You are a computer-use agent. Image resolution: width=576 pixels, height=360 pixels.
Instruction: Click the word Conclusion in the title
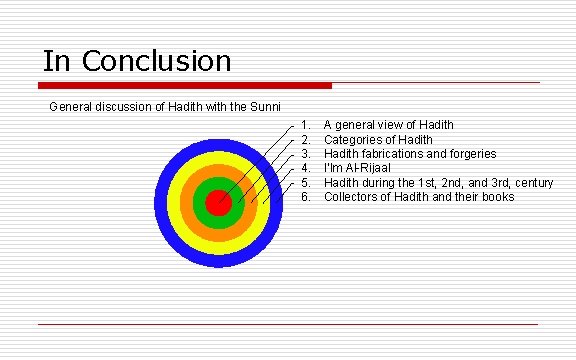157,61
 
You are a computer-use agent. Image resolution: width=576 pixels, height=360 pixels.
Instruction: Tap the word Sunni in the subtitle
263,106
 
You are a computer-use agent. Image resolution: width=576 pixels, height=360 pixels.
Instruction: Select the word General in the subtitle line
73,106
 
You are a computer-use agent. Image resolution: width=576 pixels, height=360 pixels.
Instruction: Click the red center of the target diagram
218,203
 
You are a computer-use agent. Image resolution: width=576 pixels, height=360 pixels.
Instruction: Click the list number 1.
306,125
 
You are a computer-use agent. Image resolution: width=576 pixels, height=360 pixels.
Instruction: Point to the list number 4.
306,168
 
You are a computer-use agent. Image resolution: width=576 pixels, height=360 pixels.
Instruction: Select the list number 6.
306,197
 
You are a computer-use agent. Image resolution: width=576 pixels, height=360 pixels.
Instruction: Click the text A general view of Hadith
388,125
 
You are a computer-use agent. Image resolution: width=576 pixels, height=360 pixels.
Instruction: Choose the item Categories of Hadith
378,139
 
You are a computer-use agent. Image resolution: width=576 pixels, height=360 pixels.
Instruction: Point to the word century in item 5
531,183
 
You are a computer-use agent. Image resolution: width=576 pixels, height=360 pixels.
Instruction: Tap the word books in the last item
497,197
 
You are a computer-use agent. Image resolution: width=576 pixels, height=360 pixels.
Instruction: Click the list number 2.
306,139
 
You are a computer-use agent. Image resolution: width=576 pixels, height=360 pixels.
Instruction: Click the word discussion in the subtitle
126,106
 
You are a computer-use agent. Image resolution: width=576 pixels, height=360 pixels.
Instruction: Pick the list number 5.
306,183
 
